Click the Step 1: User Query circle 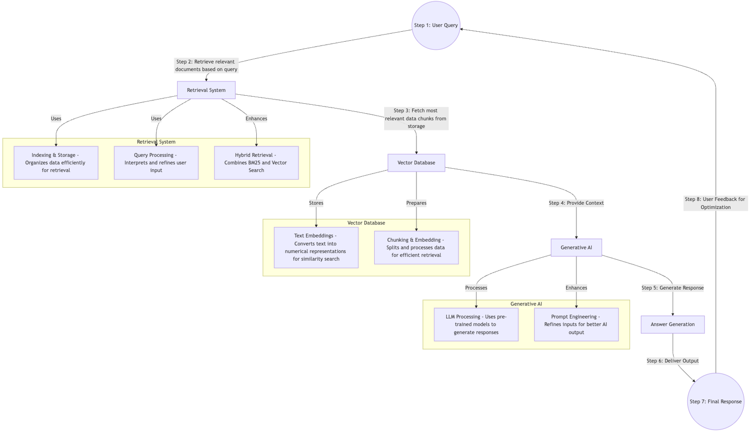(436, 25)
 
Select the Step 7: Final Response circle (715, 401)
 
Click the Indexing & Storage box (56, 163)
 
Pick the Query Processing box (156, 163)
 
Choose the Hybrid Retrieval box (256, 163)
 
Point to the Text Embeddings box (316, 247)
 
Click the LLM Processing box (476, 324)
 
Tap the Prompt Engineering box (576, 324)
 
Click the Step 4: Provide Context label (576, 203)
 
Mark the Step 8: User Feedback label (715, 203)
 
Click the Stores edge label (316, 203)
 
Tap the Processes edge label (476, 288)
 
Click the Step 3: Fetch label (416, 118)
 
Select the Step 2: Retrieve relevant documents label (206, 65)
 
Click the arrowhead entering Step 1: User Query (461, 29)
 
